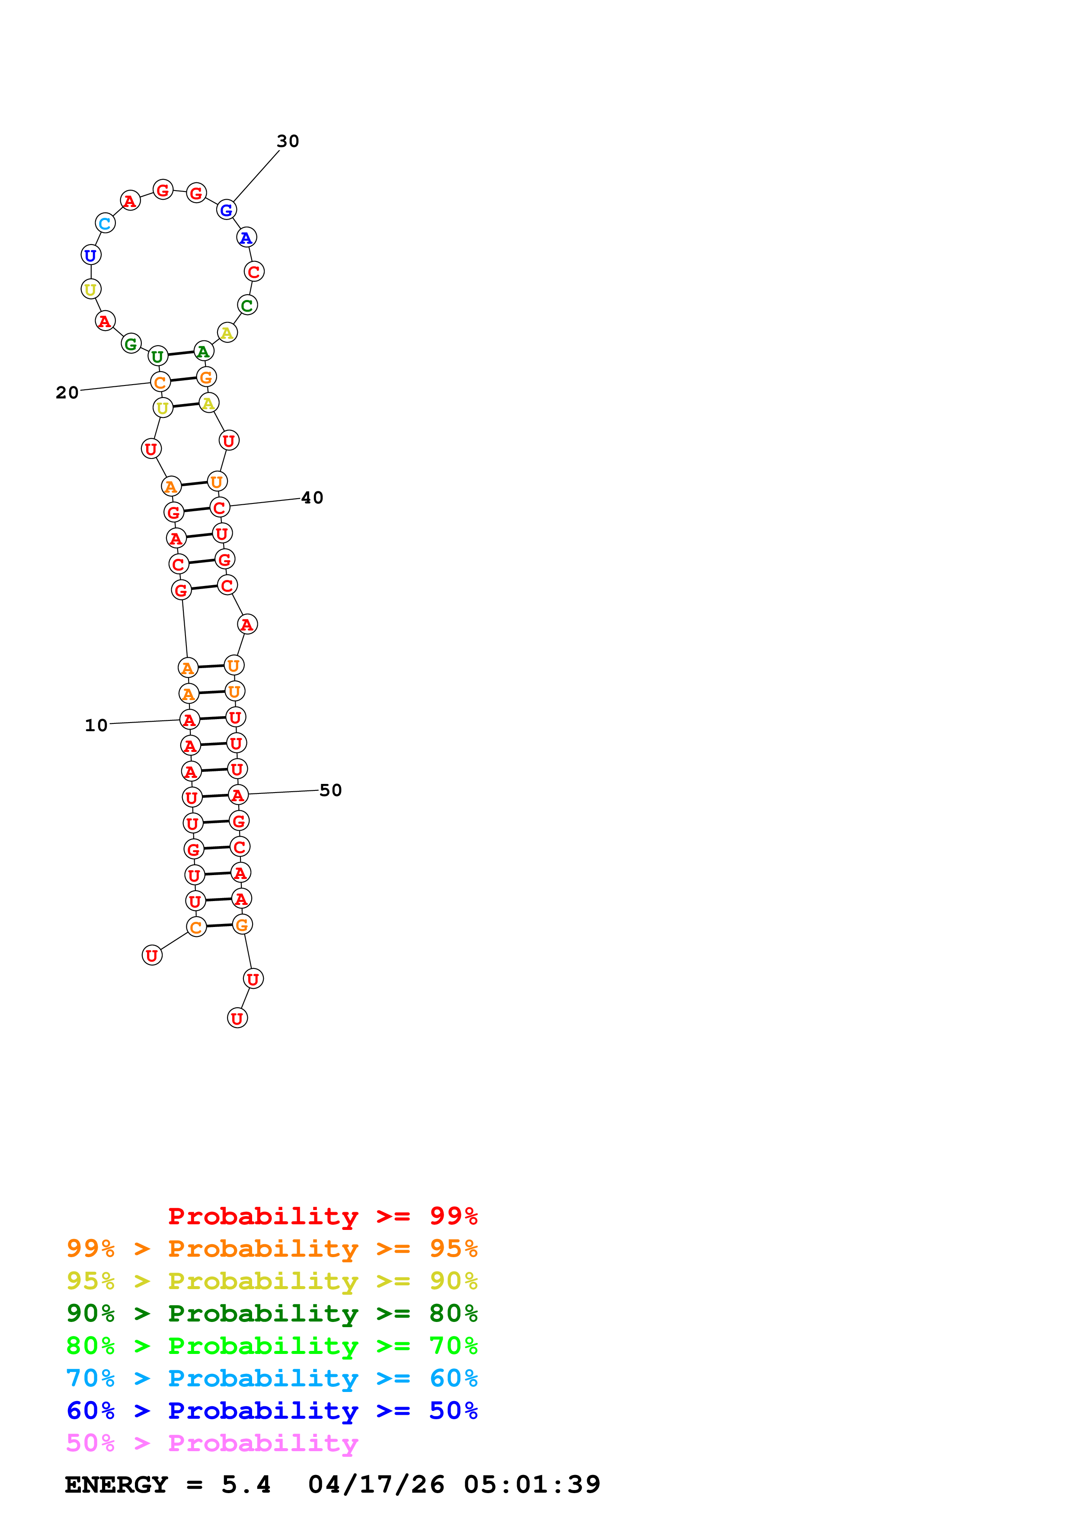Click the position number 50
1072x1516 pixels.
tap(330, 790)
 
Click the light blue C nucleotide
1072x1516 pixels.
tap(105, 223)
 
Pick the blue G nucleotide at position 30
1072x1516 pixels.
tap(227, 210)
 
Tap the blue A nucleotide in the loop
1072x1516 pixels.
tap(246, 238)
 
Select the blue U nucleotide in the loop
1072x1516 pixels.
tap(91, 255)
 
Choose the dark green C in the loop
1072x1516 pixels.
tap(247, 305)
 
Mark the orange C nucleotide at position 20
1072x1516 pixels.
tap(160, 382)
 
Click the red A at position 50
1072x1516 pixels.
tap(238, 795)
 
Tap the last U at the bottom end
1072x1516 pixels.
tap(237, 1018)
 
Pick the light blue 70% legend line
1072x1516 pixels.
tap(272, 1378)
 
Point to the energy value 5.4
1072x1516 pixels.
tap(246, 1485)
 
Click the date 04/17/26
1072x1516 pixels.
tap(376, 1485)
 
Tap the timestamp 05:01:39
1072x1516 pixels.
tap(532, 1485)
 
